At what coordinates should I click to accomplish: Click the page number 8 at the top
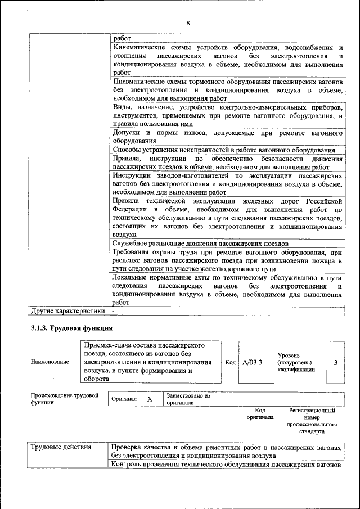pyautogui.click(x=188, y=22)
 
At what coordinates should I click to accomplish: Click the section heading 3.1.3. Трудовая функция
pyautogui.click(x=71, y=327)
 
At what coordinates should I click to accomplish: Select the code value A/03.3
pyautogui.click(x=253, y=362)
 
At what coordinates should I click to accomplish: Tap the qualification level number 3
pyautogui.click(x=335, y=362)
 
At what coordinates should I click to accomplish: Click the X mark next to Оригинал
pyautogui.click(x=150, y=399)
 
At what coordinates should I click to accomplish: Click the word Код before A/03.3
pyautogui.click(x=230, y=362)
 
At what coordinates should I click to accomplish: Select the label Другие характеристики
pyautogui.click(x=68, y=310)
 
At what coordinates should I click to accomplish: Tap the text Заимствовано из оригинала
pyautogui.click(x=188, y=399)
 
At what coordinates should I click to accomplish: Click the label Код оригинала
pyautogui.click(x=259, y=414)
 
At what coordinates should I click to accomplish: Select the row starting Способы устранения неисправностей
pyautogui.click(x=224, y=150)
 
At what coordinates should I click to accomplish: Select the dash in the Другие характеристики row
pyautogui.click(x=114, y=310)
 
